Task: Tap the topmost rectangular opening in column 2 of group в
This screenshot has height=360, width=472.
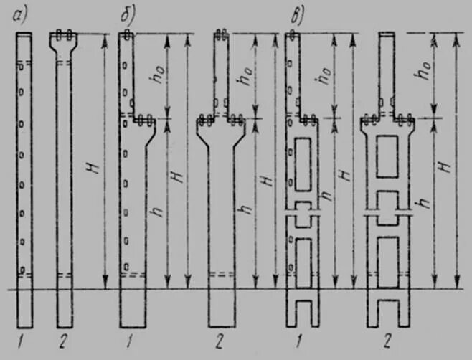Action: click(x=388, y=151)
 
